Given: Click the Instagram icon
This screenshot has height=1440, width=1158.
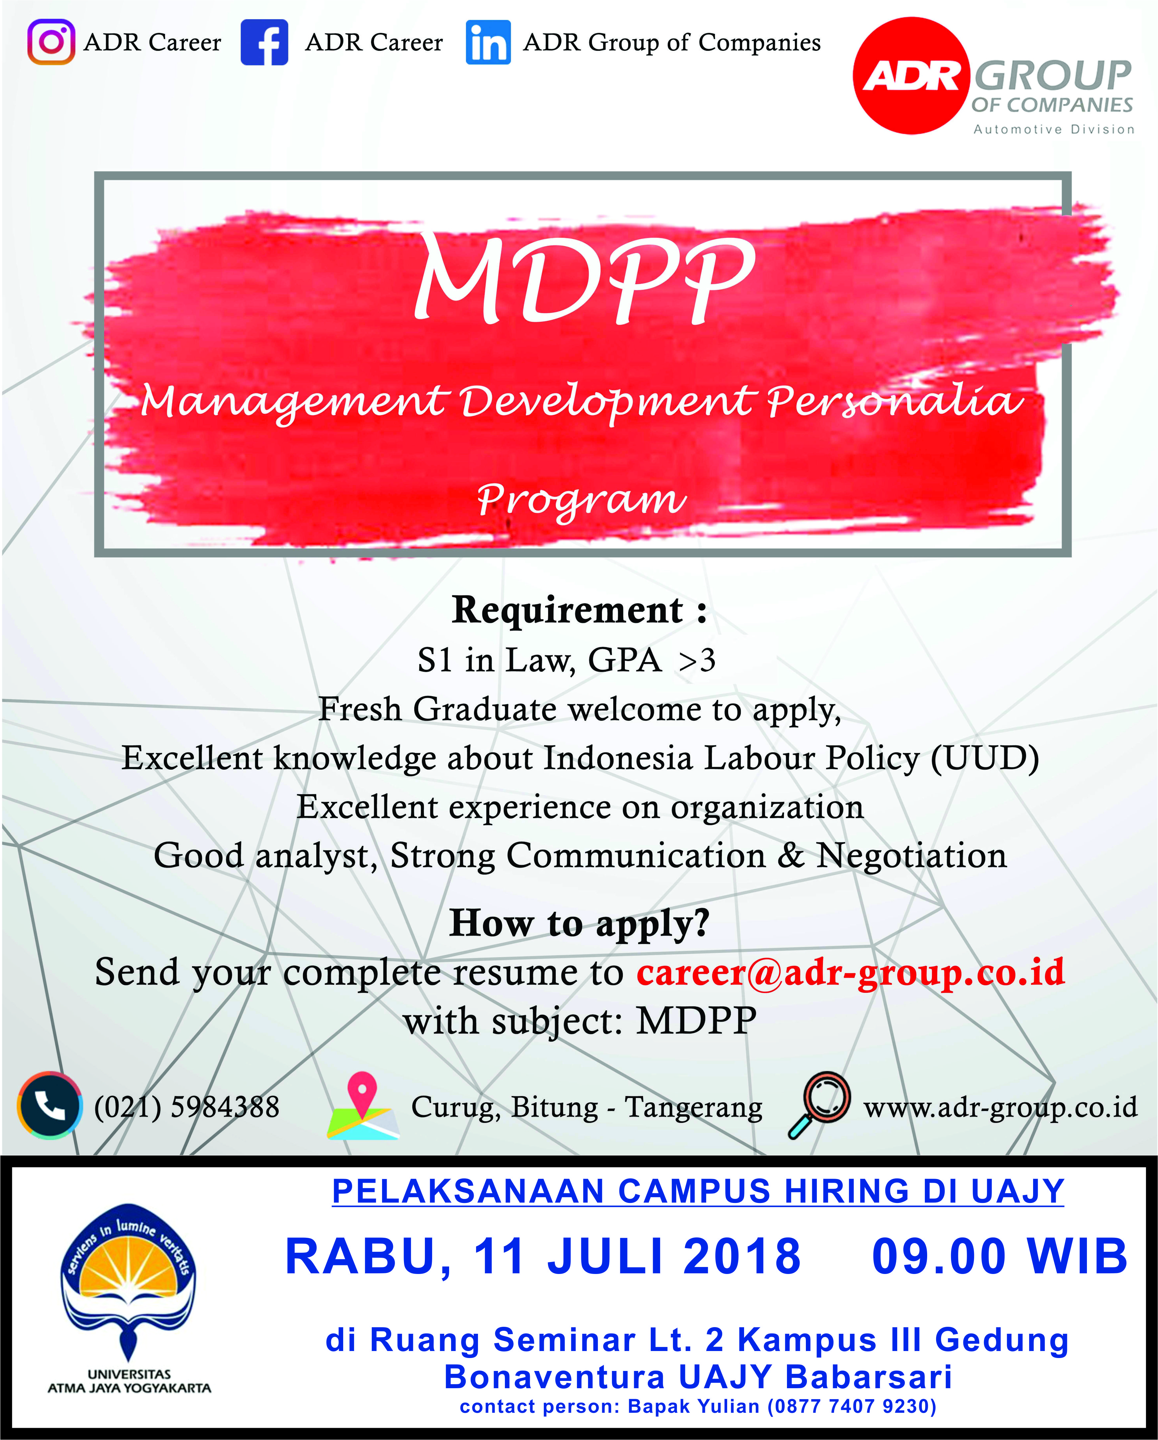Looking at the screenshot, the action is pos(51,42).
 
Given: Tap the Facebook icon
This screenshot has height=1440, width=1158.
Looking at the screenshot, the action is pos(265,42).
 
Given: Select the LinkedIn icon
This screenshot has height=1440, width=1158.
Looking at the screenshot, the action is pos(488,42).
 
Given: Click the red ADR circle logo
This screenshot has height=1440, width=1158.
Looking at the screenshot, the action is pos(912,75).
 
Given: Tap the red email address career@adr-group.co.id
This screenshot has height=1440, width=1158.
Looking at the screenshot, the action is pos(851,973).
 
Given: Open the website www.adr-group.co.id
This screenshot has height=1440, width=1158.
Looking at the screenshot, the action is pos(1000,1107).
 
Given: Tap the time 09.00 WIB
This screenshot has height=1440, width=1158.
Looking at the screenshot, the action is pos(1000,1256).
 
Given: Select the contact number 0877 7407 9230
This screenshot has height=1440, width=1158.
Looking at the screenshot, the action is pos(851,1406).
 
